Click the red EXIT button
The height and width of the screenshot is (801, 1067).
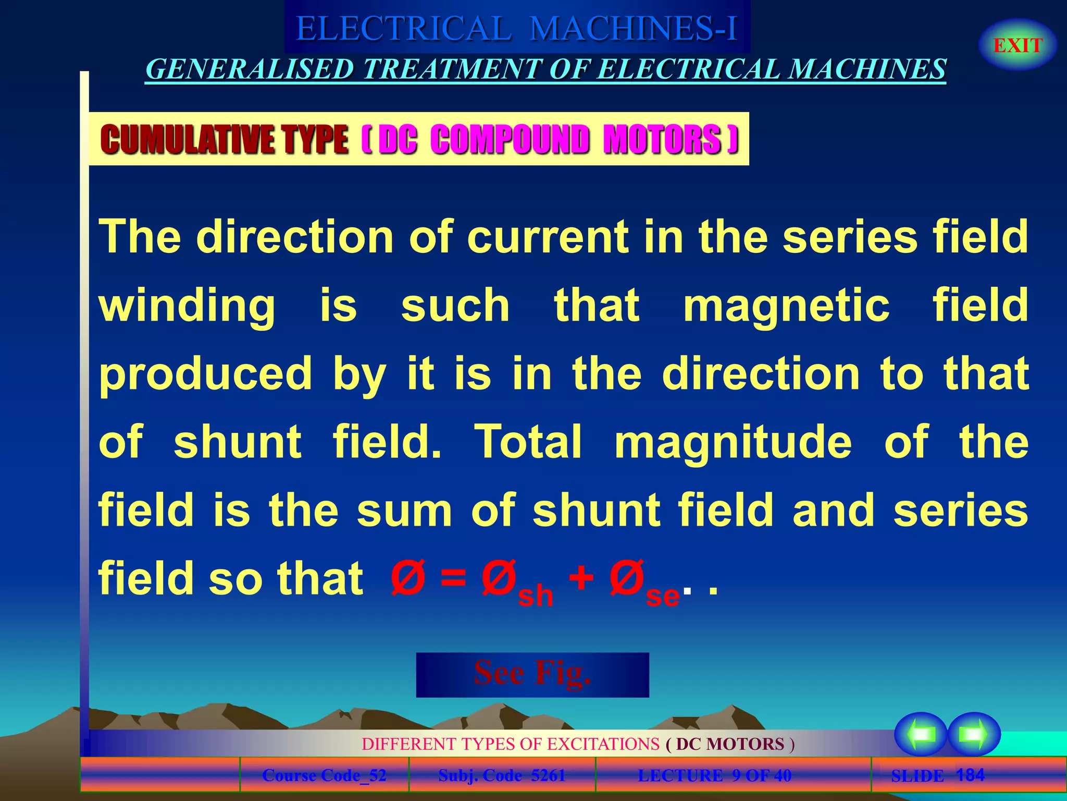1018,45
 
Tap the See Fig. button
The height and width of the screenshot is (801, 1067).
532,674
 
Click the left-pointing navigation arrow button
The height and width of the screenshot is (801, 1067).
921,734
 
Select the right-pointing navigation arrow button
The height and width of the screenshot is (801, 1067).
974,734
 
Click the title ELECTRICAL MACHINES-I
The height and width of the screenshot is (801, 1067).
517,28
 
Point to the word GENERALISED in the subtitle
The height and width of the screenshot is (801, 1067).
250,69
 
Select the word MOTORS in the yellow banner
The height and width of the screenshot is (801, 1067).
662,140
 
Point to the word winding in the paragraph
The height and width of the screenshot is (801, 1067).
187,306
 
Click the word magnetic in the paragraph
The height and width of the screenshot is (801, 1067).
786,306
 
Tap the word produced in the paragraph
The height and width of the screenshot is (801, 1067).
206,374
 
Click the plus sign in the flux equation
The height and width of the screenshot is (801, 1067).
581,578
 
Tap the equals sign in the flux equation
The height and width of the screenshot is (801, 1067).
453,578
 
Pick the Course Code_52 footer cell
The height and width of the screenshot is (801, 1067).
324,775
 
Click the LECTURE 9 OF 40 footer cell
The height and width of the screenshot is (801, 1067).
714,775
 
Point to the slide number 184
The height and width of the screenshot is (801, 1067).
970,775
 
